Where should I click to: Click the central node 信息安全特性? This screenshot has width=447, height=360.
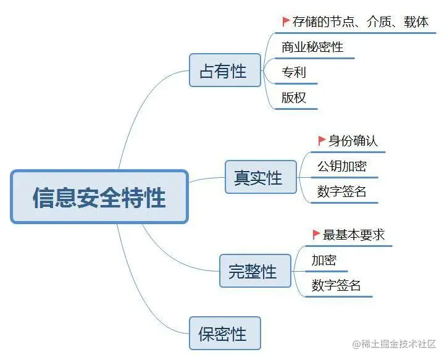(x=99, y=197)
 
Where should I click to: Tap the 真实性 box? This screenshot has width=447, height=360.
(x=261, y=177)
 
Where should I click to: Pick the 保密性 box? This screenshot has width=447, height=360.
(x=225, y=333)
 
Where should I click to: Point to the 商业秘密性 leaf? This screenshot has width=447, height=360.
(x=312, y=47)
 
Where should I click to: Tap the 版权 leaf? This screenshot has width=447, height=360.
(x=293, y=98)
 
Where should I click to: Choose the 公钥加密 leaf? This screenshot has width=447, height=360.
(x=341, y=166)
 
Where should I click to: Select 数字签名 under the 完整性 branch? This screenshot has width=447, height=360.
(x=336, y=285)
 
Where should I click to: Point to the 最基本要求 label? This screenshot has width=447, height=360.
(x=354, y=235)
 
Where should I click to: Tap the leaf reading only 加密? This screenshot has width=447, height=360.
(x=324, y=260)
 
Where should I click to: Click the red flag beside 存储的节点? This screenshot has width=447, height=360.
(x=286, y=21)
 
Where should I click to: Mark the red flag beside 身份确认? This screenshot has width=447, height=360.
(x=321, y=141)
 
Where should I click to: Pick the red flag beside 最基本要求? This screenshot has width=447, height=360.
(x=316, y=235)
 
